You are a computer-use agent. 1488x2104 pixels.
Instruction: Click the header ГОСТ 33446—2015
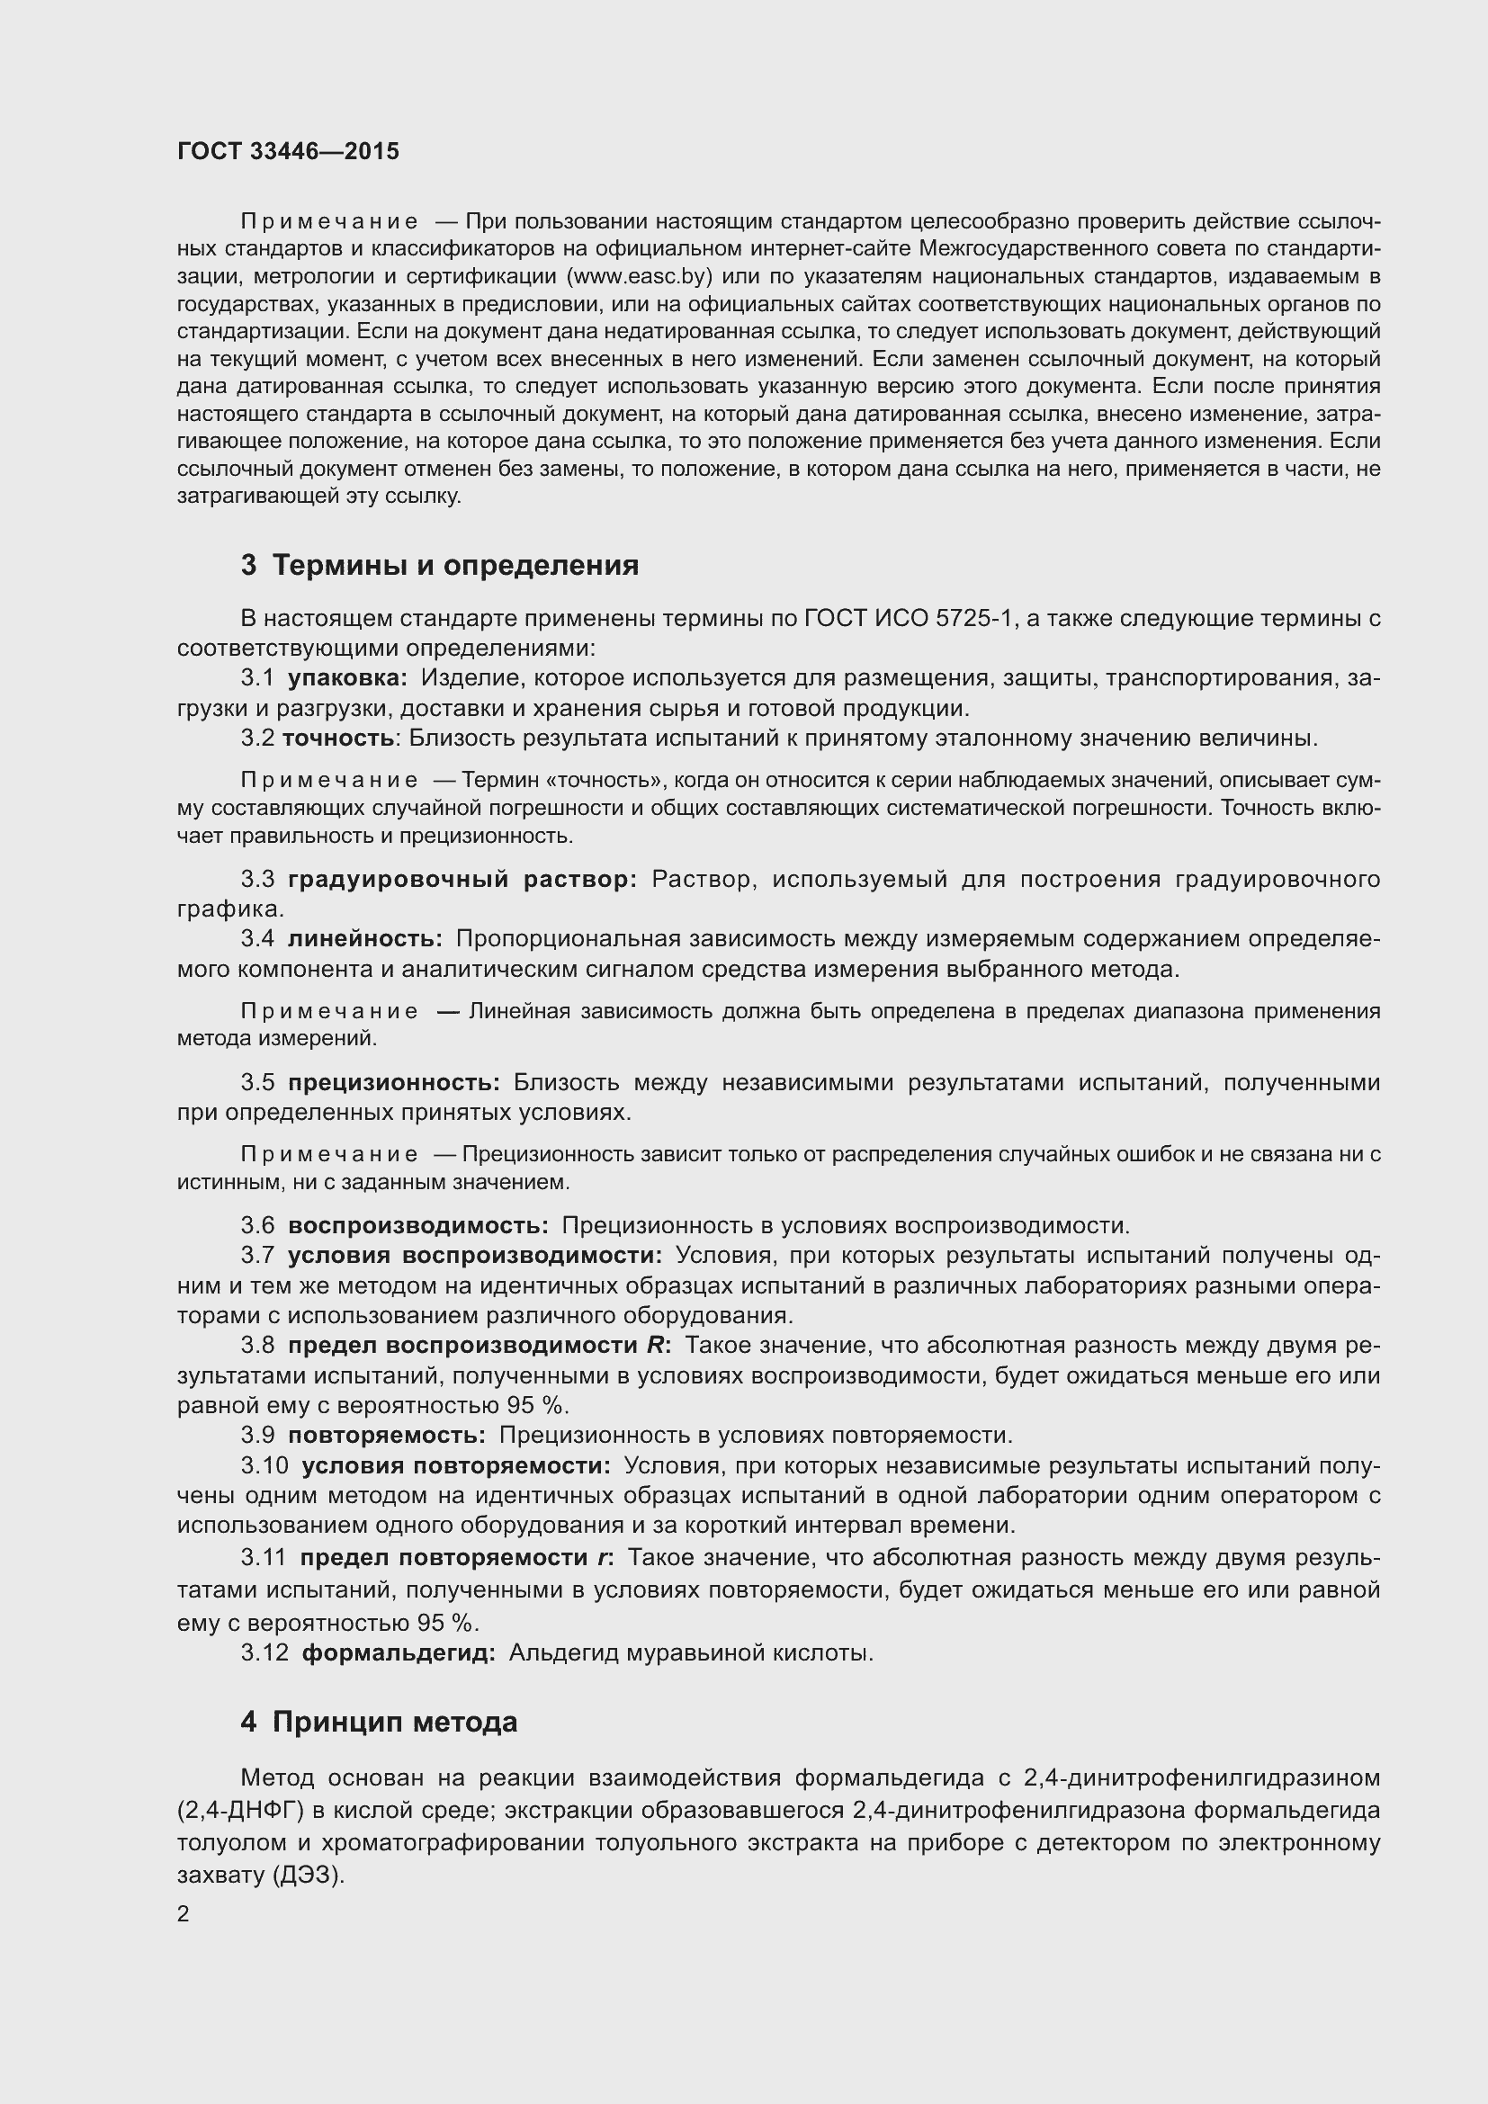(288, 152)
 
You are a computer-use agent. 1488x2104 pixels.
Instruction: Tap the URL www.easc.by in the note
(640, 277)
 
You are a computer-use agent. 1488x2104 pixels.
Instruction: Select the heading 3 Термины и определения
(440, 566)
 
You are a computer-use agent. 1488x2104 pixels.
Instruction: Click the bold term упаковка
(347, 679)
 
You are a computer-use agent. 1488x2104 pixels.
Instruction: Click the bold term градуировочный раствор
(462, 880)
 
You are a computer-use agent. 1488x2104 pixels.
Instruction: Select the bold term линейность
(364, 939)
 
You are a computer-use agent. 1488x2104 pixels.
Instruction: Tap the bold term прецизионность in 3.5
(394, 1083)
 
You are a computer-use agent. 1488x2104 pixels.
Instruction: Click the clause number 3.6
(257, 1226)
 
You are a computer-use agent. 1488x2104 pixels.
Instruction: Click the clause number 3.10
(264, 1465)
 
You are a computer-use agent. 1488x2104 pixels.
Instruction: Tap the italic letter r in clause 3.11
(603, 1557)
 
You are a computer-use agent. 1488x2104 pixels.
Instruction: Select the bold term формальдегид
(399, 1653)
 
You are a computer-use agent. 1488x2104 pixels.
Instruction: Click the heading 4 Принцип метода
(380, 1723)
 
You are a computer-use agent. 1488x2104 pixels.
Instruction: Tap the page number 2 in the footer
(184, 1914)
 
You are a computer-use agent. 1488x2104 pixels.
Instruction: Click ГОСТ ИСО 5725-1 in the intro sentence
(908, 620)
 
